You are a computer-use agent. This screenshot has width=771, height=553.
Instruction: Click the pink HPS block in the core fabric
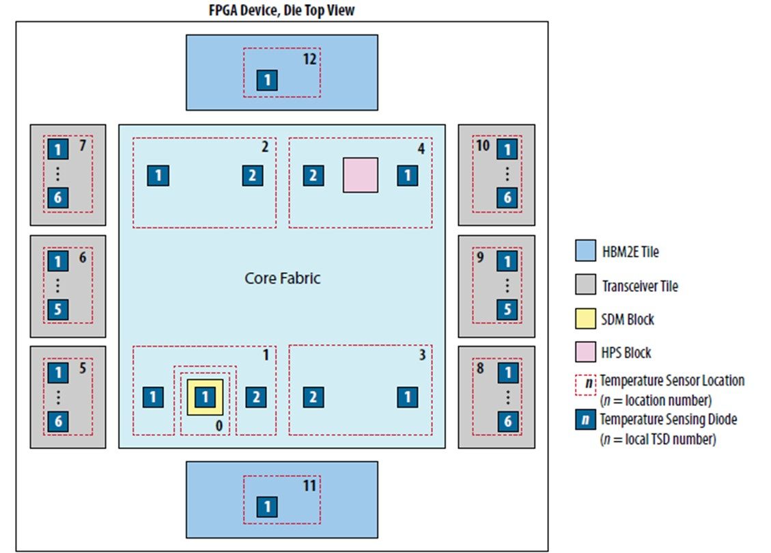click(x=360, y=175)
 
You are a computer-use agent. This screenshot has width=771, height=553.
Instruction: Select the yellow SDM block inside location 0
click(x=206, y=396)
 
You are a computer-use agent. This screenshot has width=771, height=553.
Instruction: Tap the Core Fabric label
click(x=282, y=279)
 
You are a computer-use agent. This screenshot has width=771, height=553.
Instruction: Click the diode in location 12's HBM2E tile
click(x=267, y=81)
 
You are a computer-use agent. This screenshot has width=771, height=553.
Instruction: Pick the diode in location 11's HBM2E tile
click(x=267, y=507)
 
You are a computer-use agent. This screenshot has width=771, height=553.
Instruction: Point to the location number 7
click(x=83, y=146)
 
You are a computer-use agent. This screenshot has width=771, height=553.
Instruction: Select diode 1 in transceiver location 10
click(x=507, y=150)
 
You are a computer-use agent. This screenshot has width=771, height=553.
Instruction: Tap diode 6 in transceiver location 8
click(x=507, y=421)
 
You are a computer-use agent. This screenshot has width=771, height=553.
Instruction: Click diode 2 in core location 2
click(x=253, y=176)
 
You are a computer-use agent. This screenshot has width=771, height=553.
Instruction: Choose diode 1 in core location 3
click(x=408, y=396)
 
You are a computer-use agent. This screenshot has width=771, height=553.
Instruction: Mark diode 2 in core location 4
click(x=313, y=176)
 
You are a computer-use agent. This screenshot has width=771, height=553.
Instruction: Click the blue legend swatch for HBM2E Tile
click(x=586, y=252)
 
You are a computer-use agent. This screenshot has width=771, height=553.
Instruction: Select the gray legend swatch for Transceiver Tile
click(x=586, y=286)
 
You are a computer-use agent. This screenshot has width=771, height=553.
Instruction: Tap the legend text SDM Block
click(x=628, y=319)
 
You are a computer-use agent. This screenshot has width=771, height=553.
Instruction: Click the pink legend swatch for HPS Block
click(x=586, y=353)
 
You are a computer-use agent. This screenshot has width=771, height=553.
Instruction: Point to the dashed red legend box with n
click(x=586, y=384)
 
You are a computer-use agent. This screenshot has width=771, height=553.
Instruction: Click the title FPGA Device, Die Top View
click(x=281, y=10)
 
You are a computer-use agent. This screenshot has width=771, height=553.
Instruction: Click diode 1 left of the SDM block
click(x=153, y=396)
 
